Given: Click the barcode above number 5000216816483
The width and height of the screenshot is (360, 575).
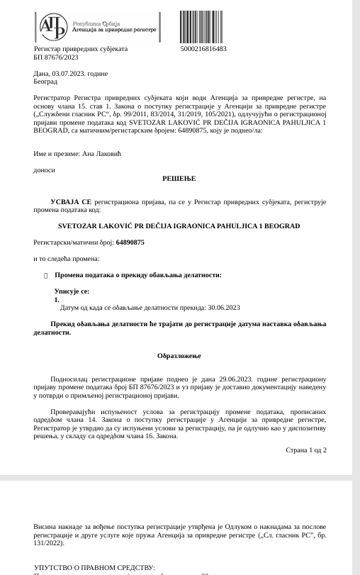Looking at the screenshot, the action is tap(203, 26).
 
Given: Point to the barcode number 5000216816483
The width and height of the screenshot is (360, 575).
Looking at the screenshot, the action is tap(203, 49).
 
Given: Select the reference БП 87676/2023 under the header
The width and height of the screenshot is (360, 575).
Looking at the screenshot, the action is tap(56, 57).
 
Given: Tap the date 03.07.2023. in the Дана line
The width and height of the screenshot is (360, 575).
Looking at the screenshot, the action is tap(66, 73).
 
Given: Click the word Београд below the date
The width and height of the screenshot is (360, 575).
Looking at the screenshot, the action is tap(45, 82).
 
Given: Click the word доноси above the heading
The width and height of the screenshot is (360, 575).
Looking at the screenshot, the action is tap(44, 170).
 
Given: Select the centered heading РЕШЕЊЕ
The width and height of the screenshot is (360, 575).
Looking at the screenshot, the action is tap(179, 179).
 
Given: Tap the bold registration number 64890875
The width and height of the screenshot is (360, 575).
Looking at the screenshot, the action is tap(130, 242).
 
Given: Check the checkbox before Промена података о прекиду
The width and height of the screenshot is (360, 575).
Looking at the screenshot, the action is tap(45, 275).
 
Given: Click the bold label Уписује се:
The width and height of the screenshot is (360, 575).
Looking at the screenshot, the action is tap(72, 291).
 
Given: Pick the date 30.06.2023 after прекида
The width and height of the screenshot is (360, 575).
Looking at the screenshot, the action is tap(223, 308).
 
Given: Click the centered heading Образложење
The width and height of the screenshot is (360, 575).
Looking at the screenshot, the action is tap(179, 355).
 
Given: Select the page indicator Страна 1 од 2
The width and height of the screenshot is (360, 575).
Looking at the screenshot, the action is tap(306, 450).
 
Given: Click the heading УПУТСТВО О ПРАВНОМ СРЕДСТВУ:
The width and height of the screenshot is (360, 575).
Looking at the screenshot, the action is tap(94, 568).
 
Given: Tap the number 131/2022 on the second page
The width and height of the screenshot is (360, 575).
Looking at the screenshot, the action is tap(47, 543).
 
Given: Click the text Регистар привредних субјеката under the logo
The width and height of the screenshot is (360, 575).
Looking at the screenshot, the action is tap(81, 49).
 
